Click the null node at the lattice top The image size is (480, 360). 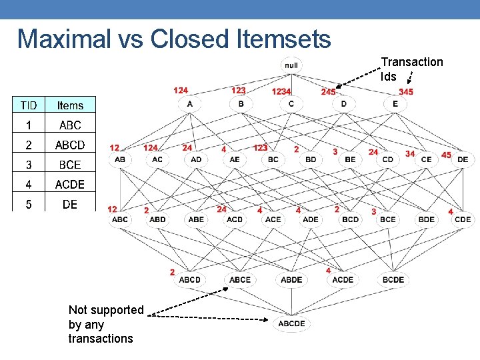click(x=291, y=65)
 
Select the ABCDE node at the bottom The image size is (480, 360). click(x=291, y=323)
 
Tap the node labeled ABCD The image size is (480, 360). click(x=189, y=279)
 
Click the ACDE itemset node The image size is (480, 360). click(x=343, y=279)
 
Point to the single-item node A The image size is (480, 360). click(x=190, y=104)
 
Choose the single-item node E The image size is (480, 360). click(x=395, y=104)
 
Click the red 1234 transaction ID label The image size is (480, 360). click(x=281, y=91)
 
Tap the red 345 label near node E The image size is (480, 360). click(x=405, y=91)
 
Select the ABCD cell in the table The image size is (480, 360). click(x=70, y=145)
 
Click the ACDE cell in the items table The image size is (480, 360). click(x=70, y=185)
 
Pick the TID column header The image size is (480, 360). click(x=29, y=105)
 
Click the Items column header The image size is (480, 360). click(x=70, y=105)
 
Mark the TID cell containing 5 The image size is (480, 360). click(x=29, y=205)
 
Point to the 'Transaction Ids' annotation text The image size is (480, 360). click(x=411, y=69)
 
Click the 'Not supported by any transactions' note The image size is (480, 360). click(x=105, y=324)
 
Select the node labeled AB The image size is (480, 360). click(x=120, y=159)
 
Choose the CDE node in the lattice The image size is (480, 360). click(x=463, y=219)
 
